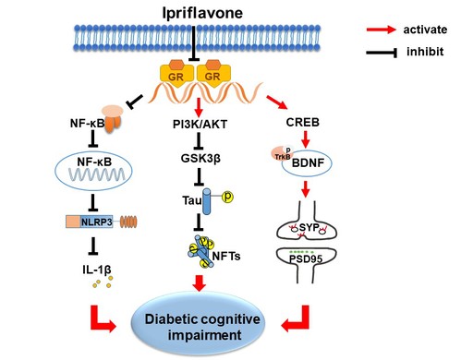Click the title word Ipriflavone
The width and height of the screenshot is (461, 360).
pyautogui.click(x=202, y=13)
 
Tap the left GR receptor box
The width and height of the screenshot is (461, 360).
pyautogui.click(x=176, y=73)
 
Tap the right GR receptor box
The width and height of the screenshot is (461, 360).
pyautogui.click(x=213, y=73)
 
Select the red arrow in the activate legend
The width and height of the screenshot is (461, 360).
pyautogui.click(x=381, y=30)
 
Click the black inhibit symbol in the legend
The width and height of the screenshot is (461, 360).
pyautogui.click(x=382, y=53)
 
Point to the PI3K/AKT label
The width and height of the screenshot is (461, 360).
pyautogui.click(x=200, y=124)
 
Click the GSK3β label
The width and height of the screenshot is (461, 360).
pyautogui.click(x=200, y=158)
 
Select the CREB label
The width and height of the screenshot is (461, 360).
pyautogui.click(x=303, y=122)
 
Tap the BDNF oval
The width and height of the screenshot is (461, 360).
pyautogui.click(x=308, y=163)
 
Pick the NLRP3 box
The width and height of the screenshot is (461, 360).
pyautogui.click(x=90, y=222)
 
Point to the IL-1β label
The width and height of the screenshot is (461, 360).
pyautogui.click(x=97, y=270)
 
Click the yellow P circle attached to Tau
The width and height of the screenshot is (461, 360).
pyautogui.click(x=227, y=197)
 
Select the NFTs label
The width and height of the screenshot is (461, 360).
pyautogui.click(x=226, y=256)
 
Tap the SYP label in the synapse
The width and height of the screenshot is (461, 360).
pyautogui.click(x=309, y=227)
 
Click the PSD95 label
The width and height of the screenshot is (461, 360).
pyautogui.click(x=306, y=258)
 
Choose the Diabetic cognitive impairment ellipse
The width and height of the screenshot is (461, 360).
pyautogui.click(x=199, y=324)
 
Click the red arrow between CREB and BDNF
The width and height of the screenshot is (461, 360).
pyautogui.click(x=305, y=139)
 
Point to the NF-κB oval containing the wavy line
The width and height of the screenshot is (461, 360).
pyautogui.click(x=93, y=171)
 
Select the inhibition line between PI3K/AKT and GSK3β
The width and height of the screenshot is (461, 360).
pyautogui.click(x=200, y=141)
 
